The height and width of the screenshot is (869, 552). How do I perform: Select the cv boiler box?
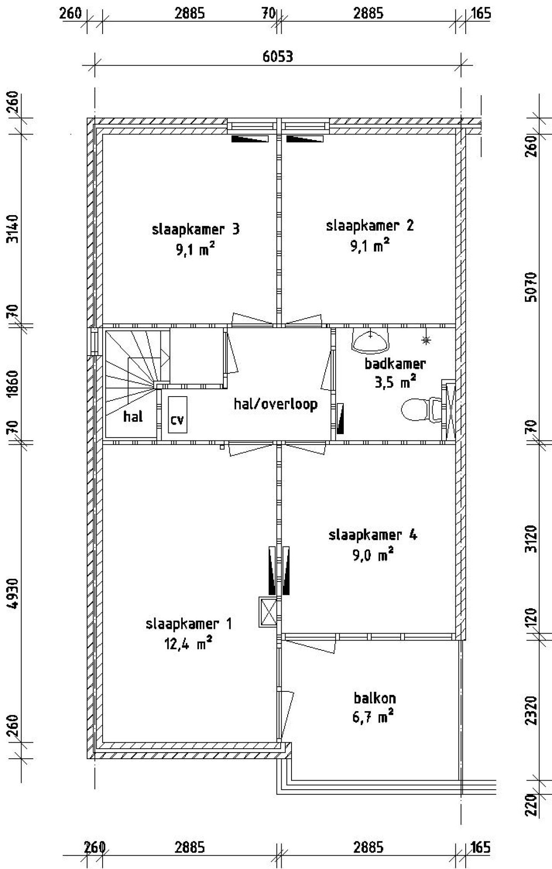178,414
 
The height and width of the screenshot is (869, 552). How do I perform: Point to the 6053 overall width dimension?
278,56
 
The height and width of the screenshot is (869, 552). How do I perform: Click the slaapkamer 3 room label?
195,229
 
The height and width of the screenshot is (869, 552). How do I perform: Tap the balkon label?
374,698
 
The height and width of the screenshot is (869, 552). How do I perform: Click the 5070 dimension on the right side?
532,287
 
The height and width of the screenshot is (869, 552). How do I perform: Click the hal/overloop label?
276,404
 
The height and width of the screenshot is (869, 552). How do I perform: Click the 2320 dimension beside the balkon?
532,711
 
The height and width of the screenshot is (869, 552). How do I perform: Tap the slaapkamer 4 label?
373,535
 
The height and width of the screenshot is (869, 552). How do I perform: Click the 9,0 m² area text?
373,555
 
